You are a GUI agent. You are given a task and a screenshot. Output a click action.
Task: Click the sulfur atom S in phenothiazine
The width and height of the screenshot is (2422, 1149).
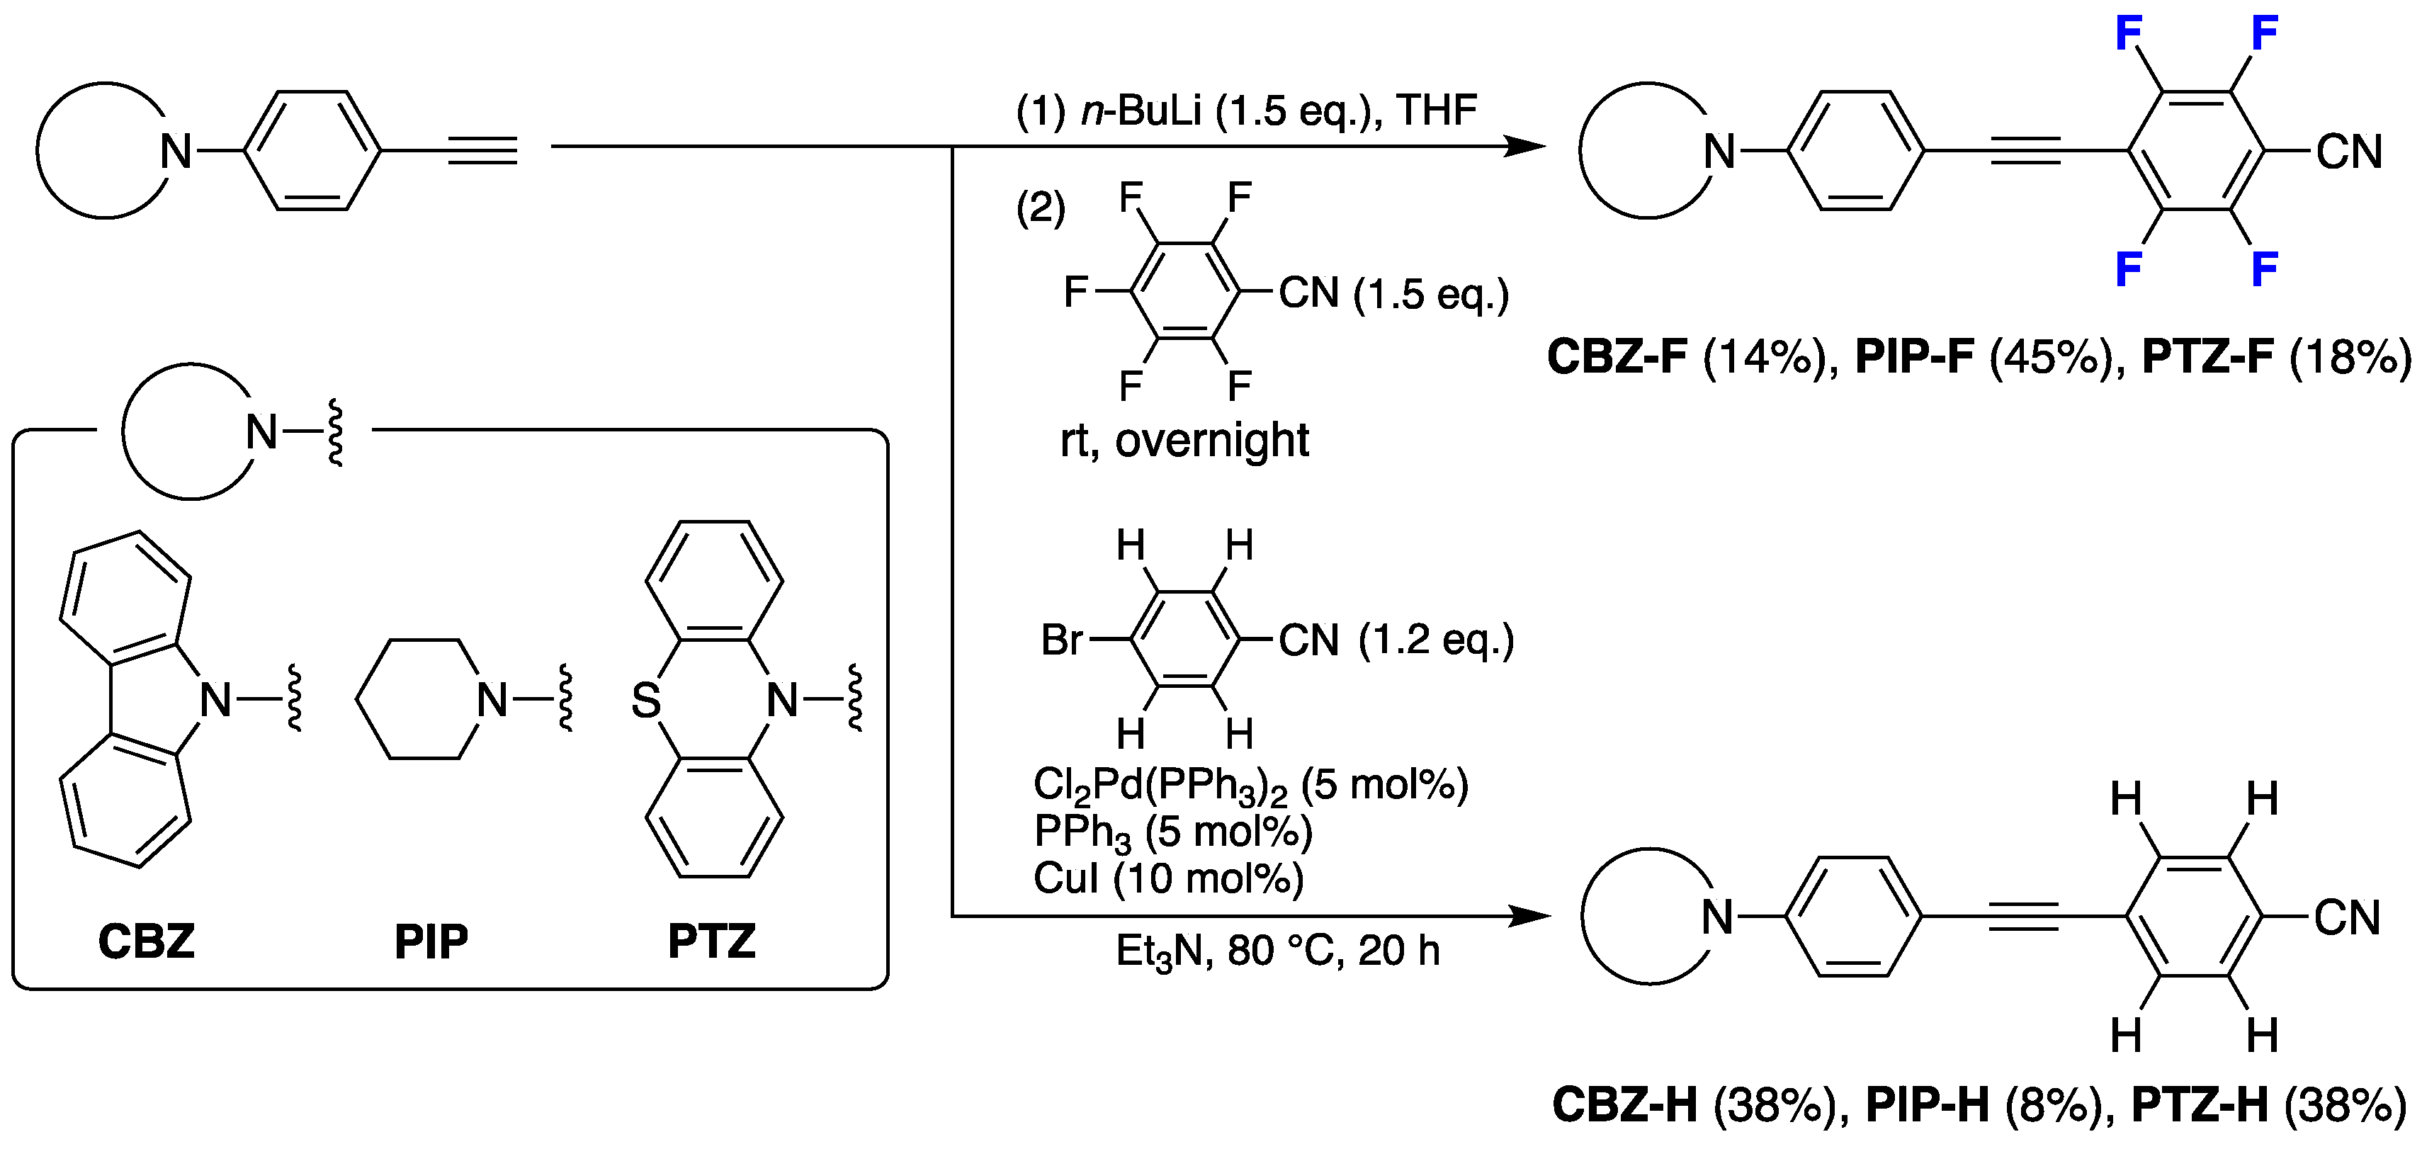click(x=646, y=701)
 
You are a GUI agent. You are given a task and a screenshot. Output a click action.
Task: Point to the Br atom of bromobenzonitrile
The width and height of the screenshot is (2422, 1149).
click(x=1061, y=640)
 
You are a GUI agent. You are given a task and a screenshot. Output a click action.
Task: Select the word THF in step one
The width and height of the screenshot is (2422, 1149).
click(x=1437, y=111)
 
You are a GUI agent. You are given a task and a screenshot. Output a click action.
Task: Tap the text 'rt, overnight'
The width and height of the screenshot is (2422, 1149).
click(x=1184, y=440)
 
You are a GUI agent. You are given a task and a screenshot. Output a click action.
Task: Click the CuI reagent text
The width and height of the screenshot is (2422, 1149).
click(x=1066, y=878)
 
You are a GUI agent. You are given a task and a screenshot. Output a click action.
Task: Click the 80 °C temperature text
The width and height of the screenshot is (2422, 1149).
click(x=1284, y=951)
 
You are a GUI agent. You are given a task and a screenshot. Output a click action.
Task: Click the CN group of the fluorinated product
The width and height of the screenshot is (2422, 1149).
click(x=2348, y=152)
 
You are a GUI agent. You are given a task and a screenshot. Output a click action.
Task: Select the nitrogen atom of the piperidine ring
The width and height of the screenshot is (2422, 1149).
click(x=492, y=701)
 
